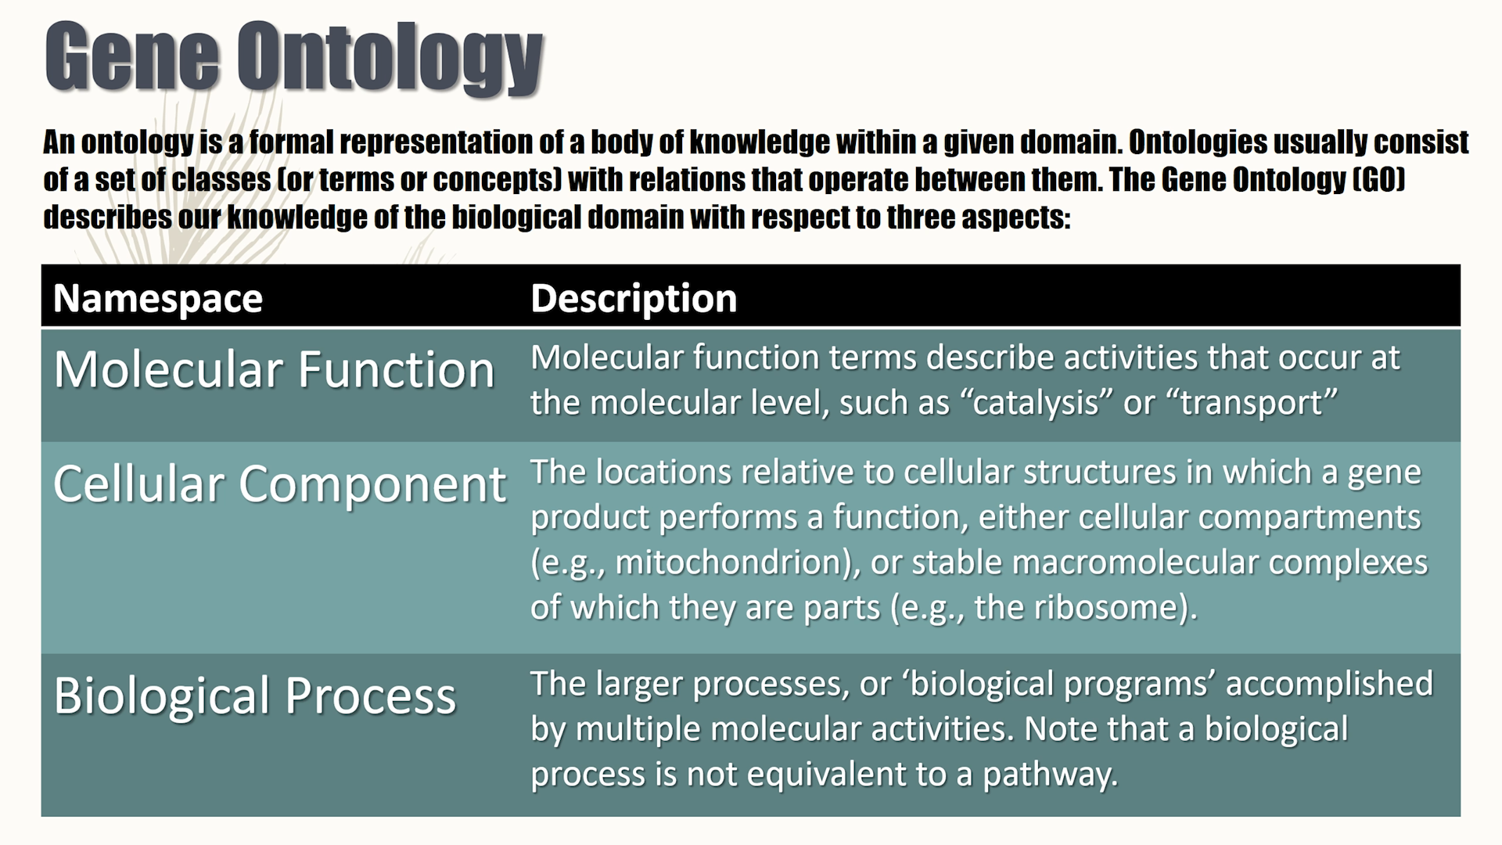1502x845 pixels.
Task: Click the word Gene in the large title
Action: coord(131,56)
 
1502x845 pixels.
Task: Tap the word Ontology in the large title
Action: coord(393,59)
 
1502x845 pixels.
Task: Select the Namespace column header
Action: coord(158,298)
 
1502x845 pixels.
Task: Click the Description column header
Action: coord(634,298)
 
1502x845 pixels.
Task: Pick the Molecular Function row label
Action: coord(274,369)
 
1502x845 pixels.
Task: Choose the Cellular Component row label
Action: coord(279,484)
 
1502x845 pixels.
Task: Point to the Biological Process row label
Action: coord(254,696)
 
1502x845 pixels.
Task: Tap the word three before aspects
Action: coord(920,217)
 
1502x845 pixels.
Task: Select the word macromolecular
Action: coord(1119,562)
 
